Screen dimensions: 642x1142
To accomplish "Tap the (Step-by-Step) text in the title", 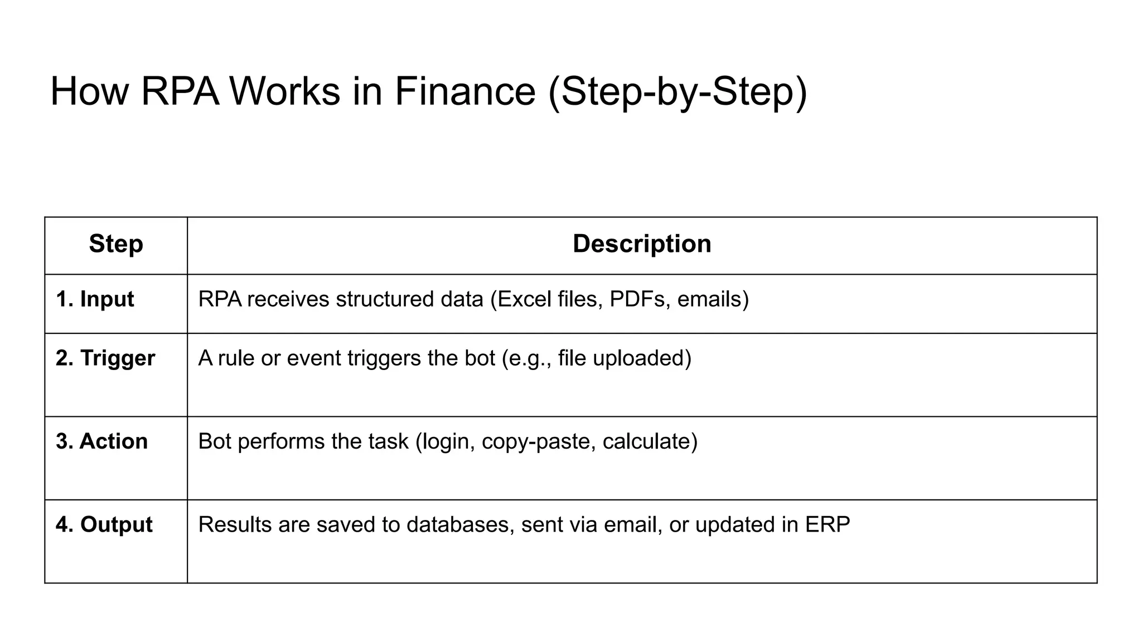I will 678,92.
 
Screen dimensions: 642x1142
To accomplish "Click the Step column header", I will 116,244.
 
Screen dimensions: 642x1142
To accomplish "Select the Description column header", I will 642,244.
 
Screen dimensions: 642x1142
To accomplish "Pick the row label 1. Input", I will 95,299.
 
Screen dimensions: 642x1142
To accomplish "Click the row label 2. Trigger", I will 105,358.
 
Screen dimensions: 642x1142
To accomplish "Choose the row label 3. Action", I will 101,441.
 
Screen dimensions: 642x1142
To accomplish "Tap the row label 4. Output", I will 104,525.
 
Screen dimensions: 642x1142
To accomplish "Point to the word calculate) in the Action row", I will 650,442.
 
